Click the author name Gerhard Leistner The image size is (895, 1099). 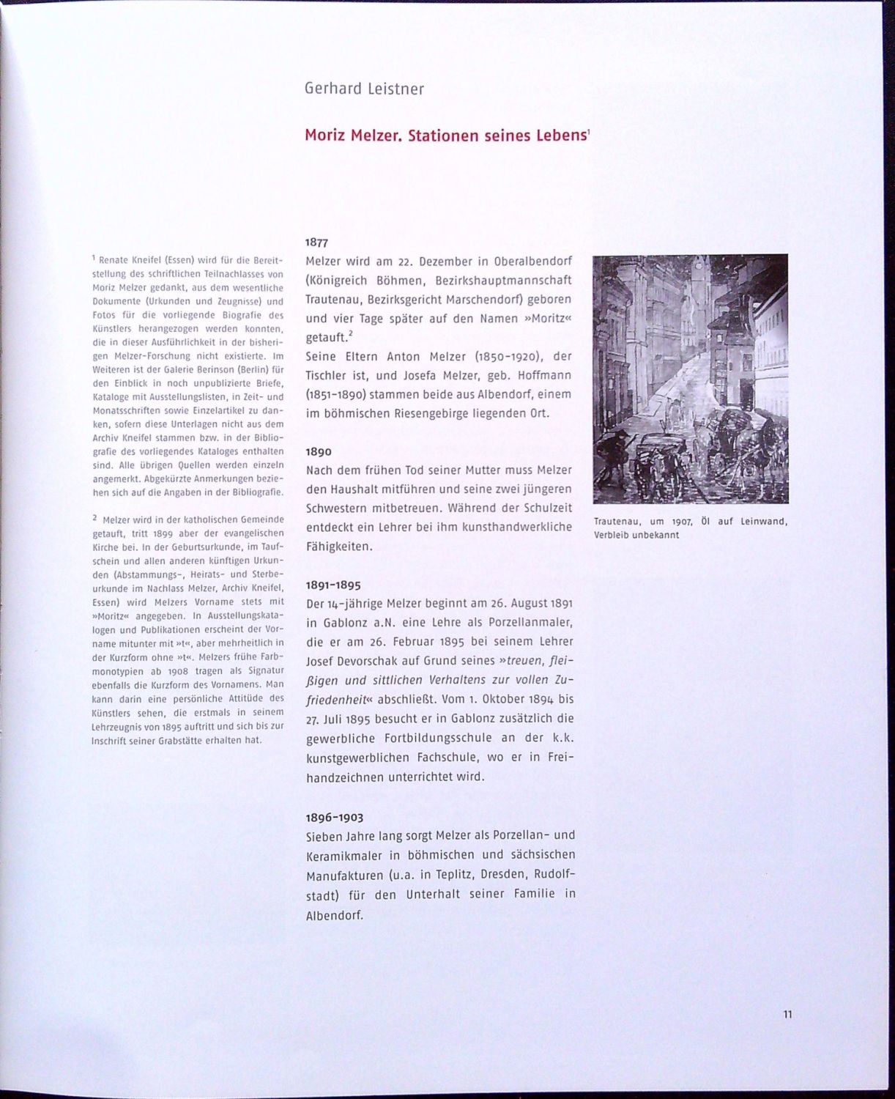coord(364,89)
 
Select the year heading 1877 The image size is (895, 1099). coord(317,243)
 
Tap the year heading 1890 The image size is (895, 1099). coord(319,451)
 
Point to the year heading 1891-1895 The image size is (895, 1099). coord(333,585)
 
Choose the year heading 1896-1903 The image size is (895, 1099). coord(334,817)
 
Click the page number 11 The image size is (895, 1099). coord(787,1015)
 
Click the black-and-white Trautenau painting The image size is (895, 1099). coord(690,378)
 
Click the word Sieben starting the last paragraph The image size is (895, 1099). coord(324,836)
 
